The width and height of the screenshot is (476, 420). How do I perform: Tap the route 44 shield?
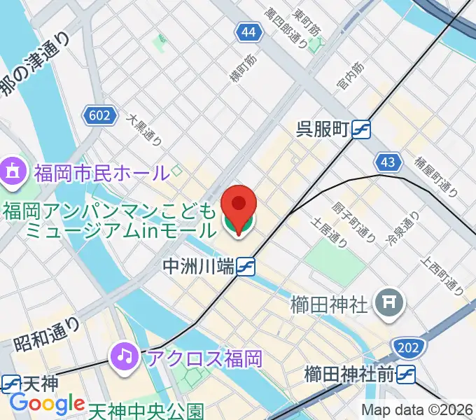(247, 32)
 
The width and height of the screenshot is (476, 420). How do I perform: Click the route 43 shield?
(388, 162)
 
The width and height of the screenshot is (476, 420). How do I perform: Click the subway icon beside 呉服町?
(361, 129)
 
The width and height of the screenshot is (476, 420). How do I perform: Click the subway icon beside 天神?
(10, 383)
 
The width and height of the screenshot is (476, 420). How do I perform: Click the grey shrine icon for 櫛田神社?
(387, 303)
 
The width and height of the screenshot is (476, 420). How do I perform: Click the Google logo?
(47, 404)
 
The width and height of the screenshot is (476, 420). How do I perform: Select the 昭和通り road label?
(47, 332)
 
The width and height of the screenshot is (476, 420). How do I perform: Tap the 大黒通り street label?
(144, 130)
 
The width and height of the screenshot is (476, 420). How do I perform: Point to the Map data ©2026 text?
(417, 410)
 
